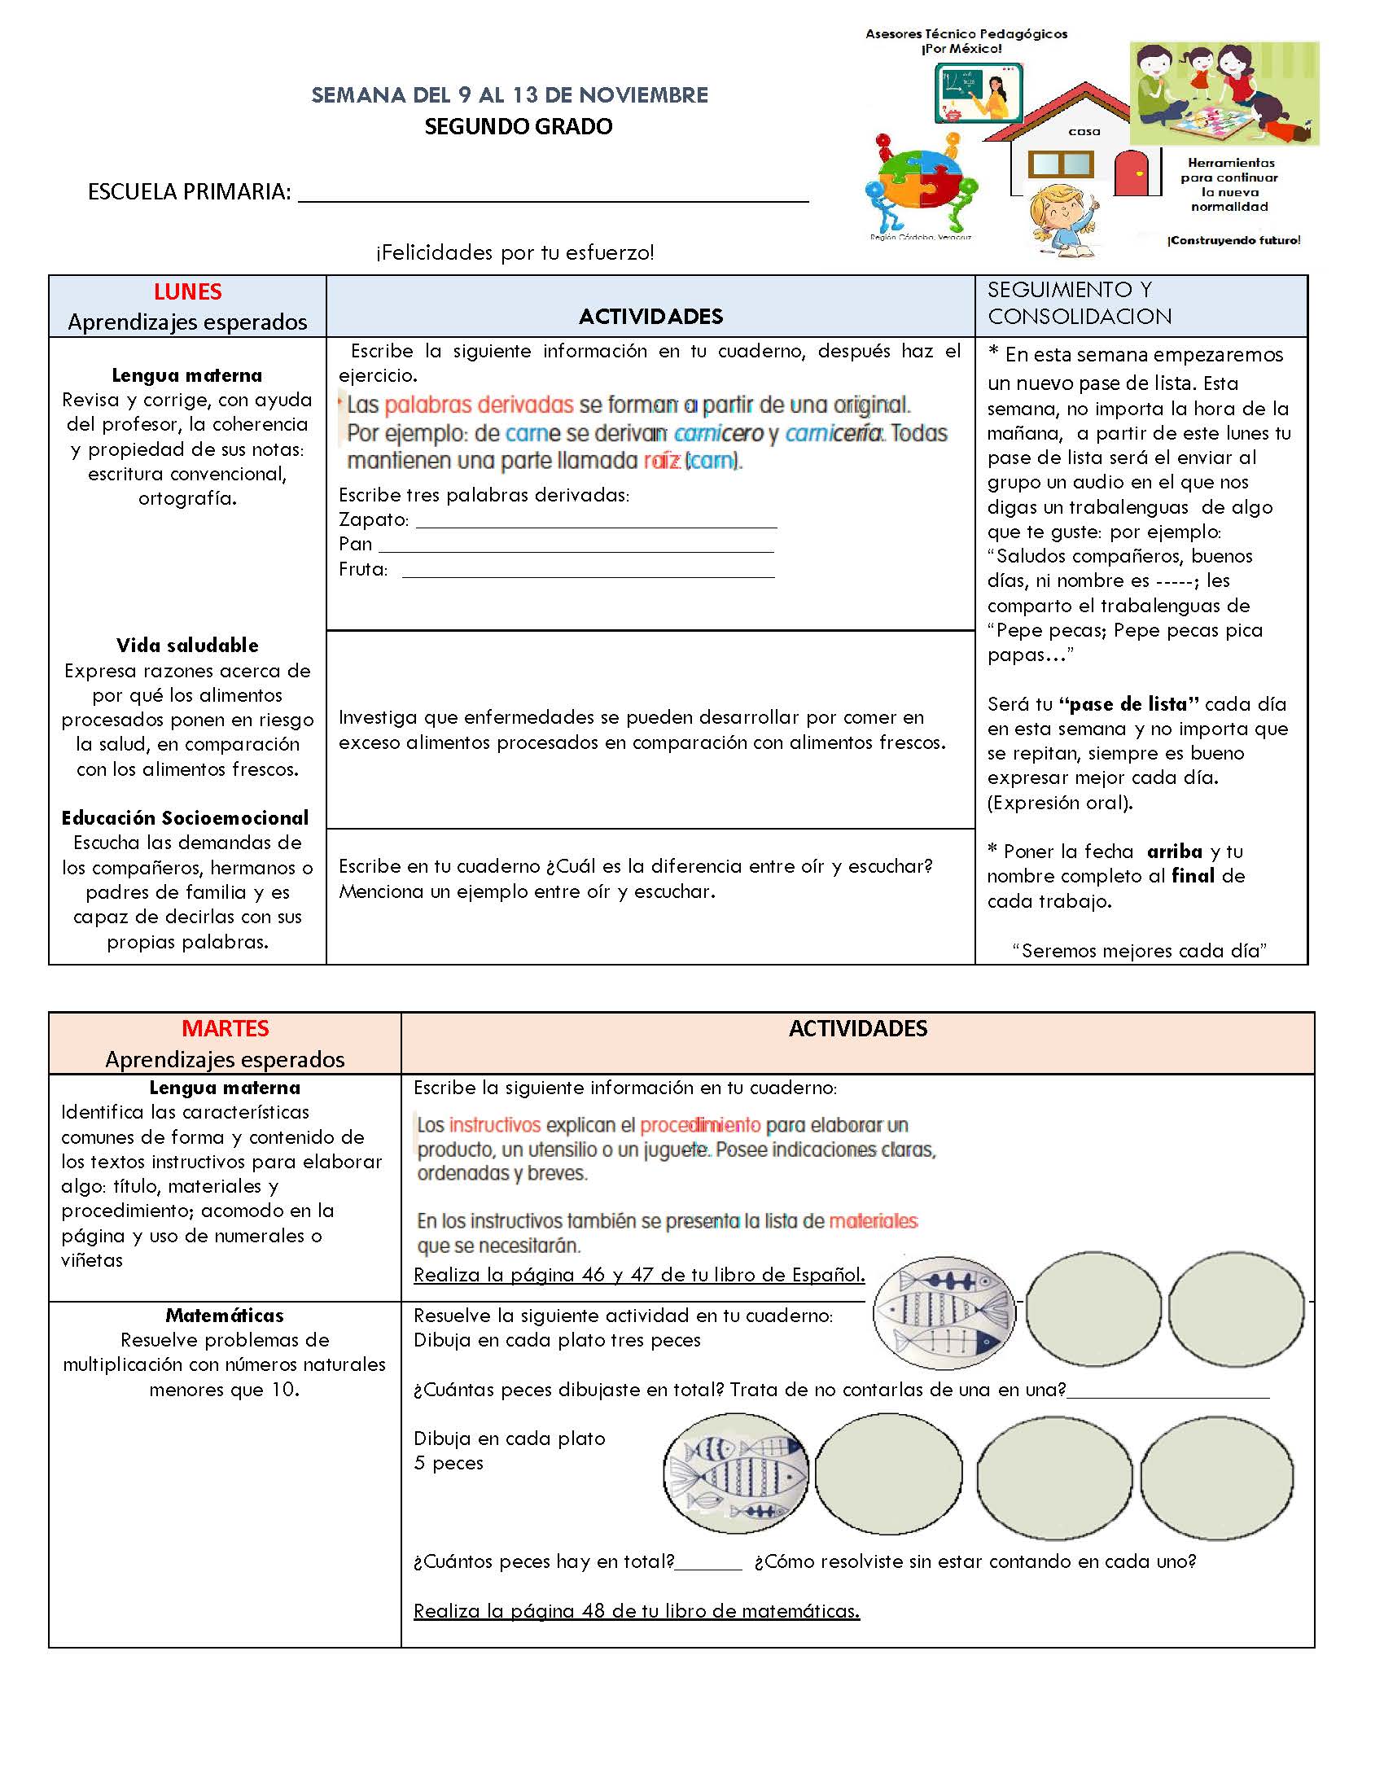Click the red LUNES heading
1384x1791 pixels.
(187, 292)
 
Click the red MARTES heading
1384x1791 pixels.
(225, 1028)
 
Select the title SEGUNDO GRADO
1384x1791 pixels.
(518, 127)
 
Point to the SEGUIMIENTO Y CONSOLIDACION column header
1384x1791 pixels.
(1079, 303)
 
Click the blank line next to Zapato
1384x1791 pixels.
(596, 522)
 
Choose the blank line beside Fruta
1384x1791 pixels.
(588, 571)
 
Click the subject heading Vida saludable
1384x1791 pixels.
(187, 646)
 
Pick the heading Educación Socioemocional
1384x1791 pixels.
(186, 817)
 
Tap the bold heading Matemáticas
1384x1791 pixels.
(225, 1316)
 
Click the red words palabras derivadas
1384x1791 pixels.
(479, 405)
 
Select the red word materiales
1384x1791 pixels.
(874, 1221)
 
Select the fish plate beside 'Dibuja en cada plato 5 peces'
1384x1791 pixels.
(735, 1473)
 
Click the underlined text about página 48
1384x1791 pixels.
(637, 1611)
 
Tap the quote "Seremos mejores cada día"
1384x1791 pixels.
(1140, 950)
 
